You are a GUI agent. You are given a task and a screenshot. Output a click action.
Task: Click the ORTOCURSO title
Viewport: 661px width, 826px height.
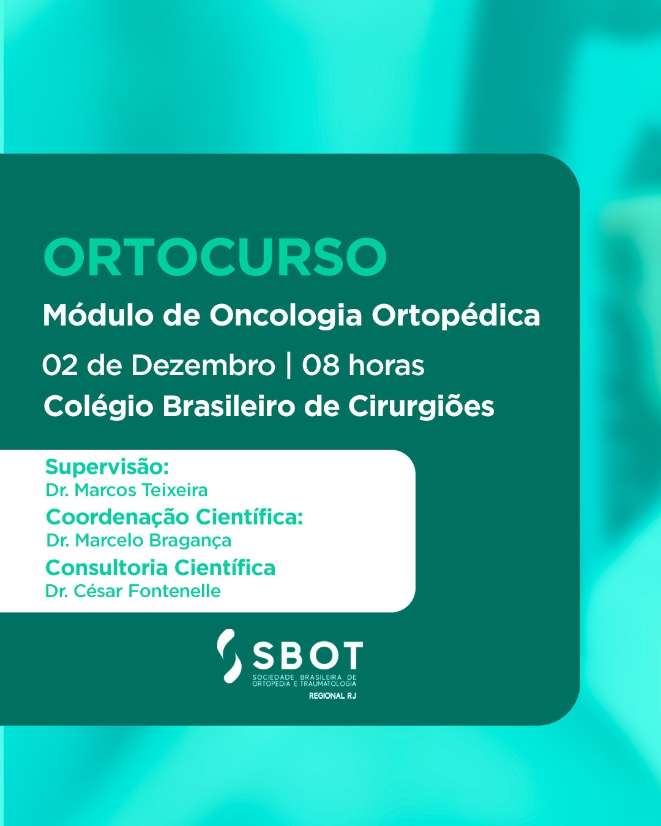(215, 256)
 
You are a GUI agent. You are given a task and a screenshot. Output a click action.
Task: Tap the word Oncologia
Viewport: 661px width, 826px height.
(286, 316)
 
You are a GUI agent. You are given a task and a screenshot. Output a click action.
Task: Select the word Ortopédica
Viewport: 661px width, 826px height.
(456, 316)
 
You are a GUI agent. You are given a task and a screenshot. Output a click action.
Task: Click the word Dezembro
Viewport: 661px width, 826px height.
(204, 365)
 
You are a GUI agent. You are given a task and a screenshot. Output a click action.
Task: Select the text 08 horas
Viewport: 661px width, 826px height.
(363, 365)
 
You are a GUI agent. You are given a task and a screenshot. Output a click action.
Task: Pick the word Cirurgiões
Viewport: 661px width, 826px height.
(421, 406)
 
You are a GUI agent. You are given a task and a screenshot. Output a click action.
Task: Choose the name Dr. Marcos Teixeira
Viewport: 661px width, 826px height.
(127, 490)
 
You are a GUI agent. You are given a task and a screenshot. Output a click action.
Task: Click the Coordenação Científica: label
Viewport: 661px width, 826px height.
(174, 517)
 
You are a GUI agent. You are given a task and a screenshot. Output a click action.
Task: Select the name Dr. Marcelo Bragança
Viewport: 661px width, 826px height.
(139, 541)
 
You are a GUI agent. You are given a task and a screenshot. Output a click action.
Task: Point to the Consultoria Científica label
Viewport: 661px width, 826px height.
(160, 568)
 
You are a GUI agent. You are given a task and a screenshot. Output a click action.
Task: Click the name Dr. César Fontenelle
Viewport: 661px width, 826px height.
(133, 591)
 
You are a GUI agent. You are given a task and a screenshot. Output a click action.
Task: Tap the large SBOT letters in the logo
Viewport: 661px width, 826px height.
(308, 655)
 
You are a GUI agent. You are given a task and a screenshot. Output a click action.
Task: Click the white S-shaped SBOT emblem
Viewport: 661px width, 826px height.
(230, 656)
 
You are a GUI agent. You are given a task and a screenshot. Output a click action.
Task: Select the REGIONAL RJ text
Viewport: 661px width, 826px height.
(332, 696)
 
